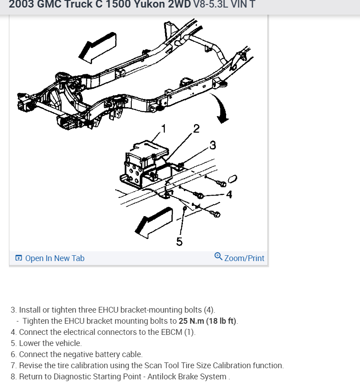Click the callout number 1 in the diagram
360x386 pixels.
pos(163,129)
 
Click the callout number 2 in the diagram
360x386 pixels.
pos(196,129)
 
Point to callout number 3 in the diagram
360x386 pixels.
pos(213,145)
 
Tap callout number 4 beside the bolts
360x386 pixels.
pos(229,194)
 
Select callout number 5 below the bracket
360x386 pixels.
pos(179,241)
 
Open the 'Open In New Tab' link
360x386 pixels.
pos(55,258)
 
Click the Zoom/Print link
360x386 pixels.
pos(244,258)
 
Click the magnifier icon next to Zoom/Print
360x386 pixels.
pos(218,257)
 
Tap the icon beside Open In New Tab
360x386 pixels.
pos(19,258)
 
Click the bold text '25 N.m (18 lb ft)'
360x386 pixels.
pos(208,321)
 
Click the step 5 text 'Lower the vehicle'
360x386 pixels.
pos(50,343)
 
